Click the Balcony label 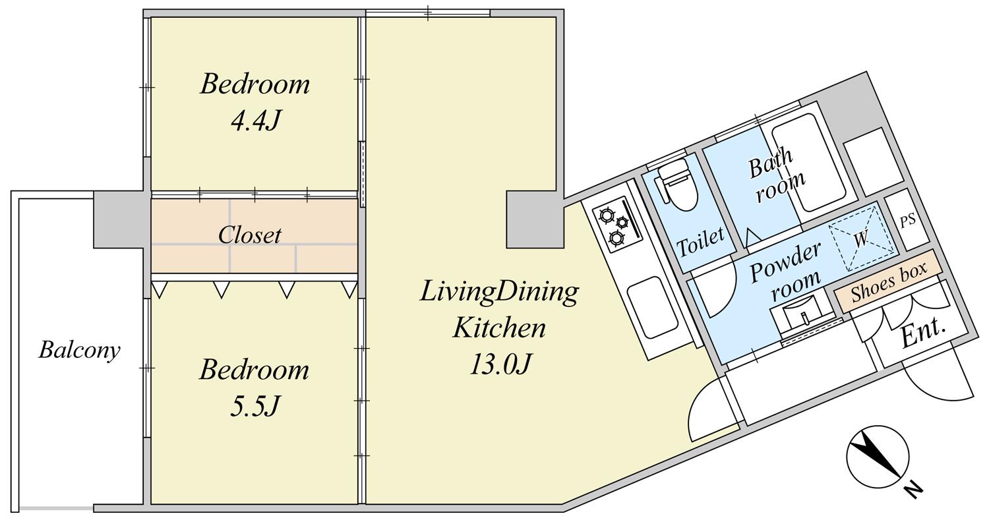[80, 351]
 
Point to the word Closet [249, 235]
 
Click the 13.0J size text [499, 364]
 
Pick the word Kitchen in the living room [499, 328]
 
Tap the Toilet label [701, 242]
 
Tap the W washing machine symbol [861, 239]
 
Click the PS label [908, 220]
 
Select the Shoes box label [889, 282]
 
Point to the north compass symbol [878, 457]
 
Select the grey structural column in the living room [535, 219]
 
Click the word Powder [786, 261]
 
